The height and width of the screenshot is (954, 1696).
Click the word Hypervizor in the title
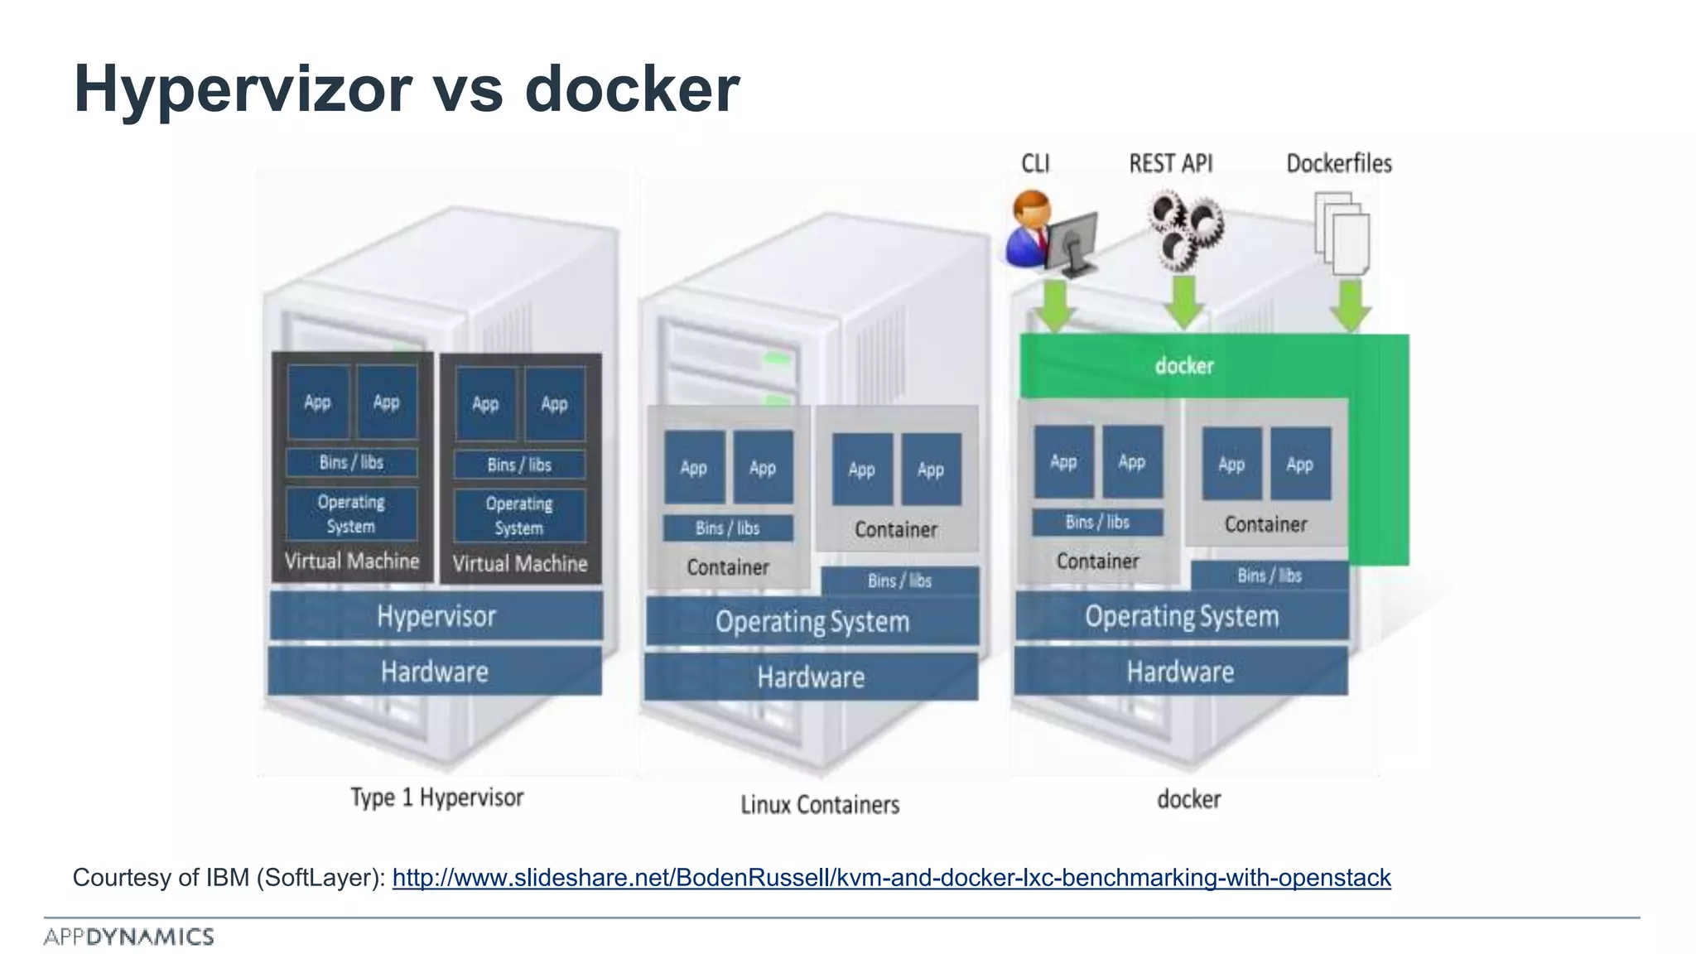(x=243, y=89)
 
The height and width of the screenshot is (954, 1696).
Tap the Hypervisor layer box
(x=436, y=616)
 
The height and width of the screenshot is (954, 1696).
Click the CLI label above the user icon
(x=1035, y=163)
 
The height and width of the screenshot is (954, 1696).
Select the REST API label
(x=1170, y=163)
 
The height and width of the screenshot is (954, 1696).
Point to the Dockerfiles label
(x=1338, y=163)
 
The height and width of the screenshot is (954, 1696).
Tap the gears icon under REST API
(x=1184, y=230)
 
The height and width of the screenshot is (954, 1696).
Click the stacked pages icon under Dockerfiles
(x=1342, y=234)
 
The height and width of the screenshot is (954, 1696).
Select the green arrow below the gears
(x=1184, y=302)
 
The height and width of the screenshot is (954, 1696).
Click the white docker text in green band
(x=1184, y=365)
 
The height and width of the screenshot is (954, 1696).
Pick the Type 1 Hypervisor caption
(x=436, y=797)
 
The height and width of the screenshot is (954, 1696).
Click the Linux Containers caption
(x=819, y=804)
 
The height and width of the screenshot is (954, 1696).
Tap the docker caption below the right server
(x=1188, y=799)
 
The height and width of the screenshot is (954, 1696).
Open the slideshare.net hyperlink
(x=891, y=878)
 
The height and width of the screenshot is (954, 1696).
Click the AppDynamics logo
(x=129, y=937)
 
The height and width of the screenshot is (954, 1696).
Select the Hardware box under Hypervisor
(x=435, y=672)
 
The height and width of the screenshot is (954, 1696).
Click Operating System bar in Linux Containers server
(x=812, y=622)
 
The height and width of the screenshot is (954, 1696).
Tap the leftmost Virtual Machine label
(x=352, y=561)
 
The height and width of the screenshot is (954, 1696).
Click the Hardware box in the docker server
(x=1180, y=672)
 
